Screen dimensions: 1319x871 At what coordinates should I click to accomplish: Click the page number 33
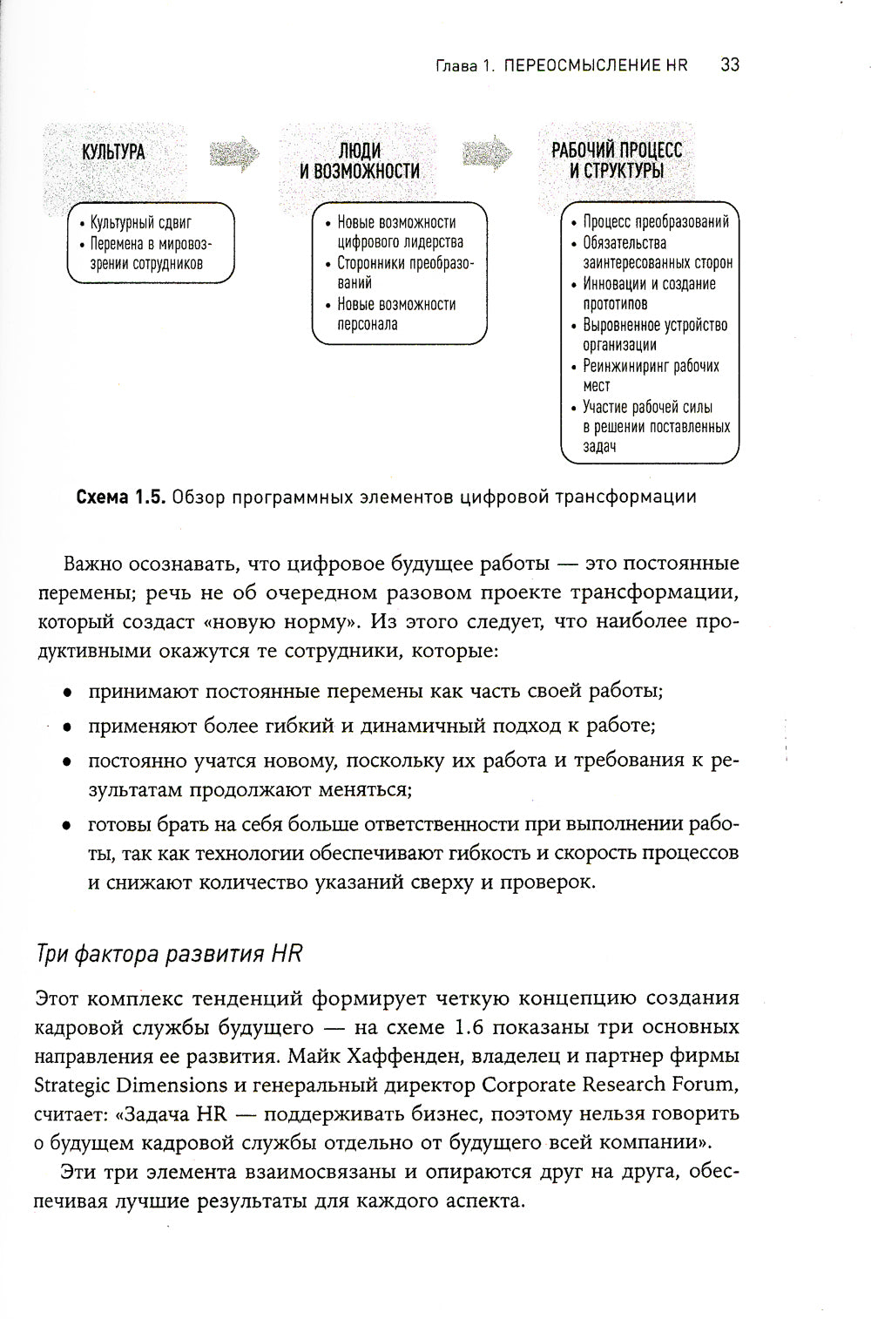[730, 65]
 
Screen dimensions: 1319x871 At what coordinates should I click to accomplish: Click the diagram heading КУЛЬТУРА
[113, 152]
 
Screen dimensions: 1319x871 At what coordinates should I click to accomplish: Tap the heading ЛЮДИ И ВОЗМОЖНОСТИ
[360, 161]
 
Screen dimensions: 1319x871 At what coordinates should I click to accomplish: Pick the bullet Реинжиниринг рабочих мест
[650, 375]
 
